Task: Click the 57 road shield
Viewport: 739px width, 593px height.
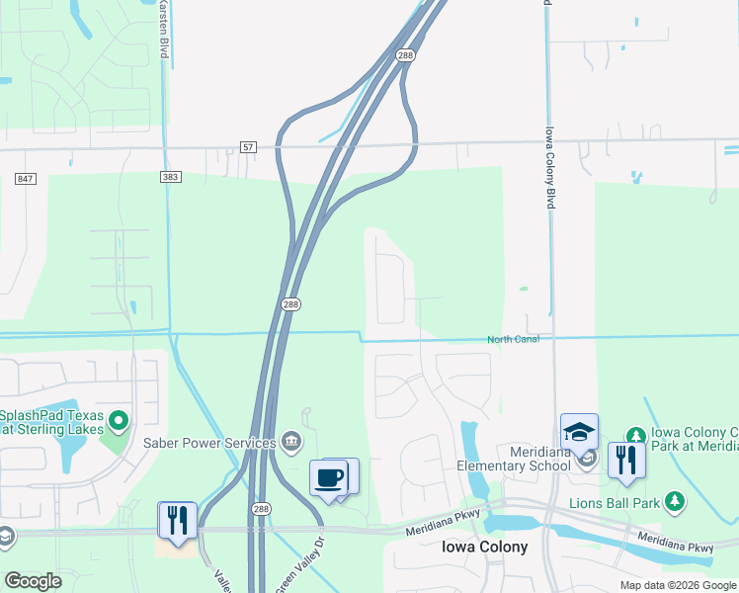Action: (x=248, y=147)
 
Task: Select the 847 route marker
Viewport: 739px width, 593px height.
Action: (x=26, y=178)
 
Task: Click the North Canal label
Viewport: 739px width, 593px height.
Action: (x=513, y=340)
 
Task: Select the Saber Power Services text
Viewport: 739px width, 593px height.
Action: (x=209, y=443)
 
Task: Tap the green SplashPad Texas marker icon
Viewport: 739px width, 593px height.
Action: (x=119, y=423)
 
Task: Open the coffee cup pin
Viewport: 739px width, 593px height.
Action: (x=329, y=478)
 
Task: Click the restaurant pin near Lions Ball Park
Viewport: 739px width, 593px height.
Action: (x=626, y=461)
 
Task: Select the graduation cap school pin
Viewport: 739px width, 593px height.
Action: (x=579, y=432)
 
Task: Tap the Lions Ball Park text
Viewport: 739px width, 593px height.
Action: (x=613, y=502)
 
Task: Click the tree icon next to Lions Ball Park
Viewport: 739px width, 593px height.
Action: (x=675, y=501)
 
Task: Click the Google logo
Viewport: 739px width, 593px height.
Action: (x=33, y=581)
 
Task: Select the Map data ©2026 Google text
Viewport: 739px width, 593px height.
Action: (x=678, y=585)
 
